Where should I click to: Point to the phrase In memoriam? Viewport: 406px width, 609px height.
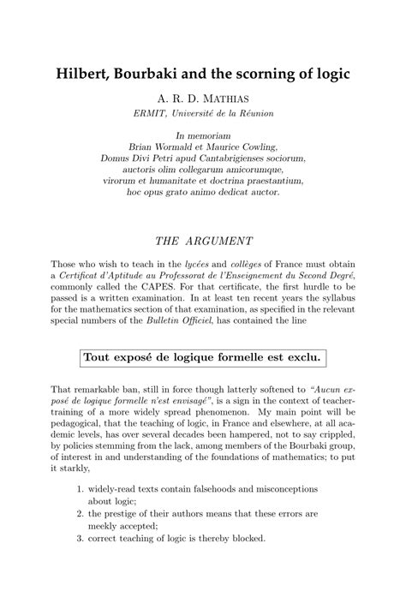(202, 135)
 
